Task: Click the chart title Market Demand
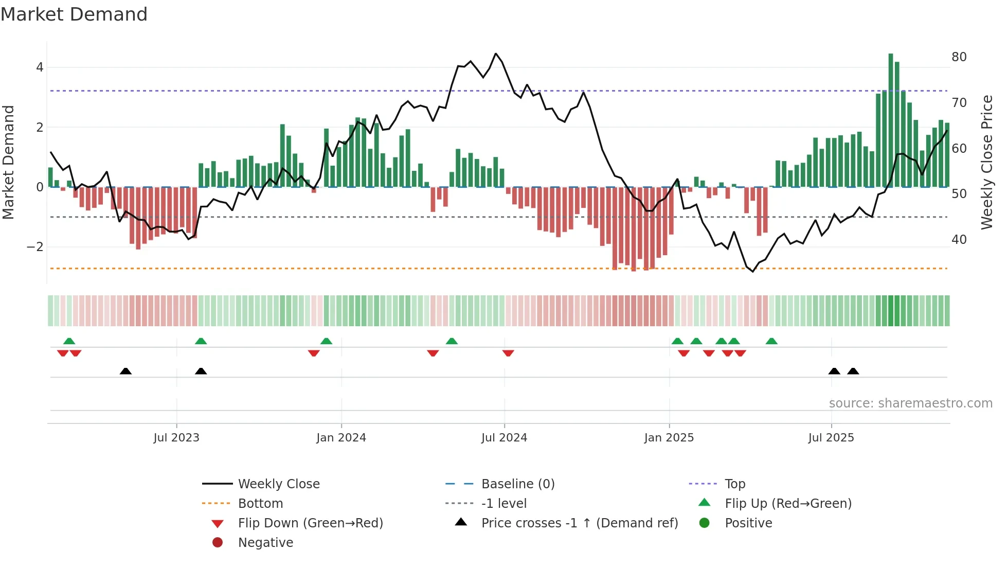tap(74, 14)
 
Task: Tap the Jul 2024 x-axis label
tap(504, 438)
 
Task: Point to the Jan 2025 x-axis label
tap(669, 438)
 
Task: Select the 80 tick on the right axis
tap(959, 57)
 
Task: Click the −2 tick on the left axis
tap(35, 247)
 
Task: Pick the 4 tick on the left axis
tap(40, 67)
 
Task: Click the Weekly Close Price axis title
tap(986, 162)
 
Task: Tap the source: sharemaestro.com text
tap(910, 403)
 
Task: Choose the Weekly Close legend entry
tap(278, 484)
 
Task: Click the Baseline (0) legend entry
tap(517, 484)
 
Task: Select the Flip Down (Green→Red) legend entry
tap(310, 523)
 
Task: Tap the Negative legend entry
tap(265, 543)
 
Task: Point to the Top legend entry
tap(734, 484)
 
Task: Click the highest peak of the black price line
tap(496, 54)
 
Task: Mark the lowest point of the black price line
tap(753, 271)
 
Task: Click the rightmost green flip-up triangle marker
tap(771, 341)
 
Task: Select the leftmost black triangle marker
tap(125, 371)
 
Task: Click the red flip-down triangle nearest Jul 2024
tap(508, 353)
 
